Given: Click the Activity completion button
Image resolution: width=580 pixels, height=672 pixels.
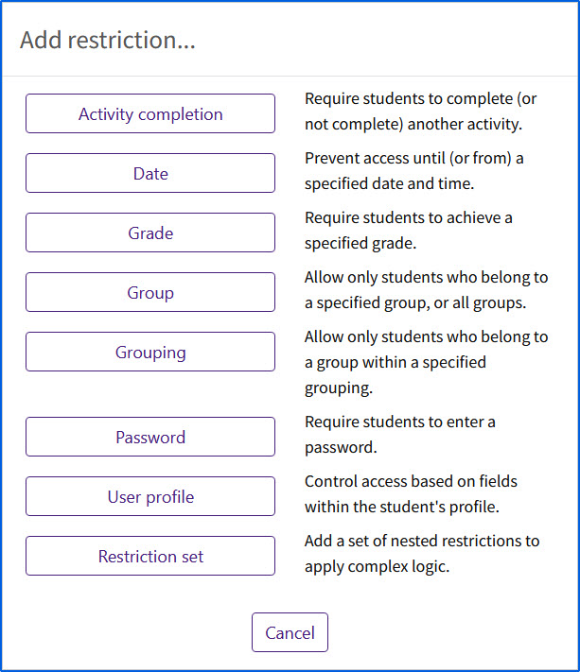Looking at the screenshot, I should [150, 114].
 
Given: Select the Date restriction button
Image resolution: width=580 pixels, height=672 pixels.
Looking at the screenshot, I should [150, 174].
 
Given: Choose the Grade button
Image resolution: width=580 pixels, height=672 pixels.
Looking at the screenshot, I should [150, 233].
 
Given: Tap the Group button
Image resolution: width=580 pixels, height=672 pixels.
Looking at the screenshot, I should [150, 293].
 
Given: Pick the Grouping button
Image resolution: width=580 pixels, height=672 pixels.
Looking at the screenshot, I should [150, 353].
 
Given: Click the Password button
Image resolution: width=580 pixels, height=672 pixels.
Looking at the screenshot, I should [150, 438].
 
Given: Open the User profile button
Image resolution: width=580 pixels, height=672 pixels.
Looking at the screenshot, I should [150, 497].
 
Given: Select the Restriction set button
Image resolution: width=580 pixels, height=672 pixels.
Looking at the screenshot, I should [150, 557].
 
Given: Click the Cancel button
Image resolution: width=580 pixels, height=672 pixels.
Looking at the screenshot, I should [290, 632].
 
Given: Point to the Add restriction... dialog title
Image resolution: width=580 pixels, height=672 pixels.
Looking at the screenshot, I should [108, 41].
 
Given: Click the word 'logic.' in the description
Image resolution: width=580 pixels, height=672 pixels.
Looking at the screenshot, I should [468, 566].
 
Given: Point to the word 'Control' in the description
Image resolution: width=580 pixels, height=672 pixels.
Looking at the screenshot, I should [331, 481].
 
